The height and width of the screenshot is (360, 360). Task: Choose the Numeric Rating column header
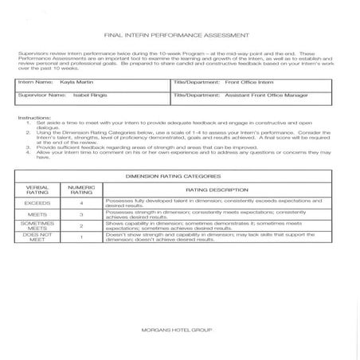(x=81, y=190)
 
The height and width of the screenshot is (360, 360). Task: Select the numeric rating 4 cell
(x=81, y=204)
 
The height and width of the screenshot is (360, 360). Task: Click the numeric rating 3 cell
(x=81, y=215)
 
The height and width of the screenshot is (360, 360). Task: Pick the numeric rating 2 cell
(x=81, y=226)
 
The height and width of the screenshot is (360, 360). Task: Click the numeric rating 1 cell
(x=81, y=237)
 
